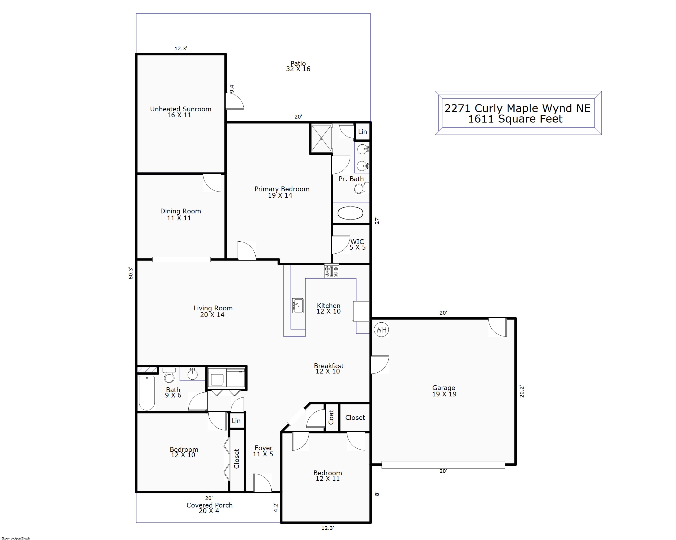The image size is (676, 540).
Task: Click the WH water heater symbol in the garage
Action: pos(381,330)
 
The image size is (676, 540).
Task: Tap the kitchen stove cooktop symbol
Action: pos(331,271)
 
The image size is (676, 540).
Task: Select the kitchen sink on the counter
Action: pos(297,306)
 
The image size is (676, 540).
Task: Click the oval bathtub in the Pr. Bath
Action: pos(350,213)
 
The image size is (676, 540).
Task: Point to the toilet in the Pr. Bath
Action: pos(362,189)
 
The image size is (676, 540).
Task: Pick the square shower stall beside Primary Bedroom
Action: pos(321,138)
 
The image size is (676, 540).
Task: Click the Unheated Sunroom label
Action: pos(181,109)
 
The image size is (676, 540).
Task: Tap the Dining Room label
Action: pos(181,211)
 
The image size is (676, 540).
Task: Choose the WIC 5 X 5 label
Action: pos(358,244)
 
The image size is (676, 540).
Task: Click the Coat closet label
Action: pos(331,417)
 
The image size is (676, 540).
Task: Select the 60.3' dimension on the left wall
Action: pos(131,273)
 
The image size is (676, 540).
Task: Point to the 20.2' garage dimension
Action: pos(522,392)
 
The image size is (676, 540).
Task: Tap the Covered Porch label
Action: pos(209,505)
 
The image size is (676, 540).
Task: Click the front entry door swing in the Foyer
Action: pos(262,483)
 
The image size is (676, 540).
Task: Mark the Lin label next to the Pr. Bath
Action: pos(362,132)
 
